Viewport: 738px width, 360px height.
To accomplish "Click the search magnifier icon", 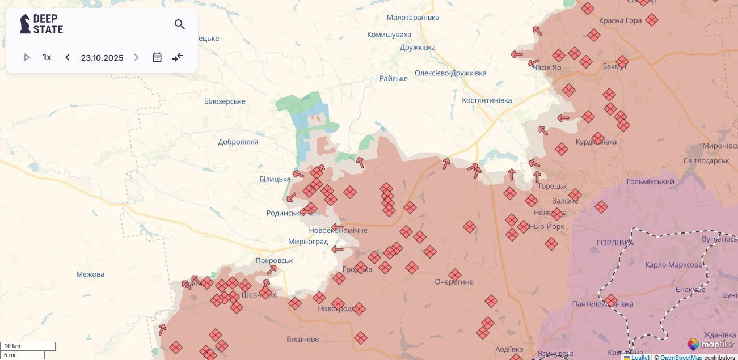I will coord(180,24).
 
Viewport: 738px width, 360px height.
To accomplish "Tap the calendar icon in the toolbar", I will coord(157,57).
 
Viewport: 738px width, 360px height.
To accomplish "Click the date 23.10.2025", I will coord(102,57).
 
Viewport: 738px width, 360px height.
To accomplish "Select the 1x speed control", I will coord(47,57).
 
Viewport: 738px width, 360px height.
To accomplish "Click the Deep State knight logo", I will coord(26,24).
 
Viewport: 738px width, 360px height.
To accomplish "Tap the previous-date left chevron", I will coord(68,57).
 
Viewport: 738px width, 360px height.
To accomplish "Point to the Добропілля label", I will coord(238,142).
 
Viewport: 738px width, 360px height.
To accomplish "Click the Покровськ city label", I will coord(275,261).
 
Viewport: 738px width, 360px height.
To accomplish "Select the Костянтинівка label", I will coord(487,100).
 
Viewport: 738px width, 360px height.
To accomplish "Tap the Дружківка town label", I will coord(418,47).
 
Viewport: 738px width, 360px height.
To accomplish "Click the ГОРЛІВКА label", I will coord(615,243).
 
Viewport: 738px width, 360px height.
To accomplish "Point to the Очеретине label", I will coord(454,282).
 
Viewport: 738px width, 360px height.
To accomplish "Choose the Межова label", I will coord(90,274).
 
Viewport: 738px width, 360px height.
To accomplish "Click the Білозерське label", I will coord(225,101).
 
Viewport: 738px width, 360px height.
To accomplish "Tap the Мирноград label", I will coord(308,242).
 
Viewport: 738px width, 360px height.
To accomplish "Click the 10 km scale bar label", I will coord(12,346).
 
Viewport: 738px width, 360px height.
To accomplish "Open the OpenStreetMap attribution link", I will coord(681,357).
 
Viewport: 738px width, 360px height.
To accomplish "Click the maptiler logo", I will coord(711,344).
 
